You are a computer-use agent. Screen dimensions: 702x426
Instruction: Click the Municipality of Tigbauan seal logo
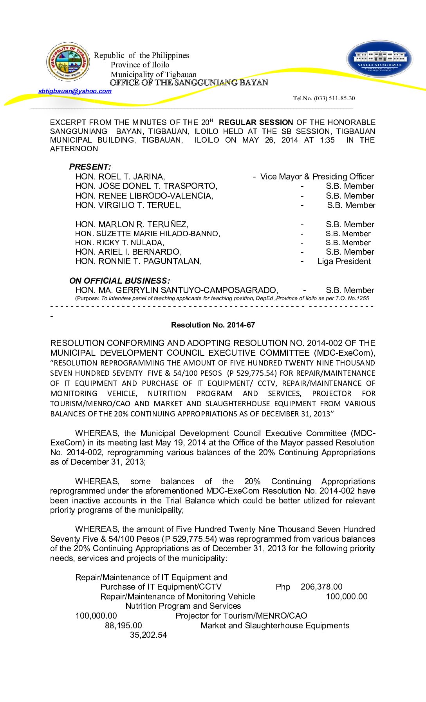coord(68,62)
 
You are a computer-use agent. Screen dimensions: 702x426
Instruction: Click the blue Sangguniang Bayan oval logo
coord(379,59)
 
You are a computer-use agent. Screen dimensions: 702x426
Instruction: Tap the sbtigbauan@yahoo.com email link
coord(75,91)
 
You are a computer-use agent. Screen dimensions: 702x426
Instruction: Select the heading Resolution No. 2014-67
coord(213,325)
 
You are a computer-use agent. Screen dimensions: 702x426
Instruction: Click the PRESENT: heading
coord(90,167)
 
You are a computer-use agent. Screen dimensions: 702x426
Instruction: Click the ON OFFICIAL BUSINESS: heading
coord(119,281)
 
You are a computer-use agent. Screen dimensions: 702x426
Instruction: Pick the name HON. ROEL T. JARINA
coord(120,177)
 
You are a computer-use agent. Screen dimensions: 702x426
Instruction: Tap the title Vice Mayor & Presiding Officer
coord(317,177)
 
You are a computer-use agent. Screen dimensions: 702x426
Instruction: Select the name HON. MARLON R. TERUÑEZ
coord(132,224)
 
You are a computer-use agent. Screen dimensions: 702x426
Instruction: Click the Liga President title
coord(344,261)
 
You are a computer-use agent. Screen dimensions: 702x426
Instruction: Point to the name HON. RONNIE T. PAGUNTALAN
coord(139,261)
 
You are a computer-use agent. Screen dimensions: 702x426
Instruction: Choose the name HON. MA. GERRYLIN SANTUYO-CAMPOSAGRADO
coord(177,290)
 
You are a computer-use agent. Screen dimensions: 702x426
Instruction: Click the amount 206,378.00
coord(321,587)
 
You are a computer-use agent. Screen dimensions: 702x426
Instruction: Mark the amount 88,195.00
coord(123,626)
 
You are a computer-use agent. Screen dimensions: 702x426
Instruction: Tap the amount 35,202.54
coord(148,635)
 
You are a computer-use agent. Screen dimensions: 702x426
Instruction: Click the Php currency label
coord(283,587)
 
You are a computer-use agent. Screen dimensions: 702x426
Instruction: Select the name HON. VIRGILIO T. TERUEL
coord(129,205)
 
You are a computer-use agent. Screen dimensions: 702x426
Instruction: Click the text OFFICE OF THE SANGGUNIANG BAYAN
coord(189,83)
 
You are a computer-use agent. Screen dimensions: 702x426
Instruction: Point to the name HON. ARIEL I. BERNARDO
coord(128,252)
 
